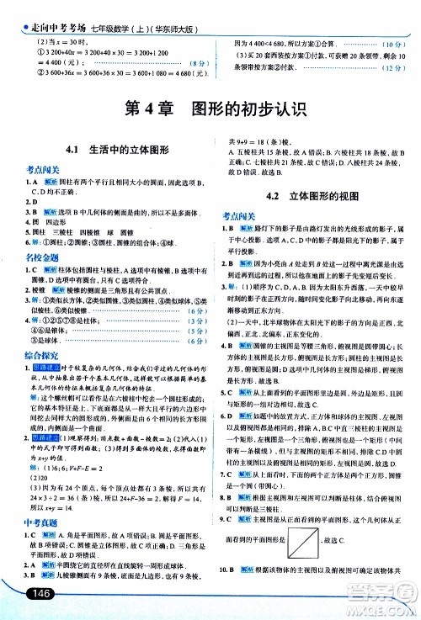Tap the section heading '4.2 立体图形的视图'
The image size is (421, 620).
click(x=312, y=196)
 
